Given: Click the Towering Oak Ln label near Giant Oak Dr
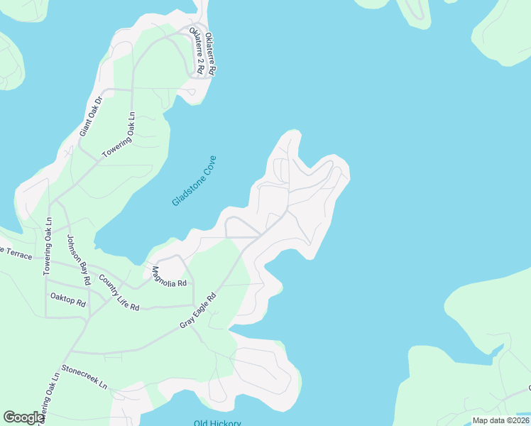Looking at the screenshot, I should click(x=119, y=134).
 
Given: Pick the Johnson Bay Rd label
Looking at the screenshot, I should click(x=79, y=259).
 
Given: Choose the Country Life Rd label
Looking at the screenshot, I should click(x=119, y=292).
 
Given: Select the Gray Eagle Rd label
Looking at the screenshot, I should click(x=197, y=311).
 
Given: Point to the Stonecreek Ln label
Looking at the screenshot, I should click(x=84, y=377).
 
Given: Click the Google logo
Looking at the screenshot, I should click(x=23, y=417).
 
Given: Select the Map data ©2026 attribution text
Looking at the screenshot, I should click(x=500, y=420).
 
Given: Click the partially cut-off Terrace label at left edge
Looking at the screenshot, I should click(x=16, y=253).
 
